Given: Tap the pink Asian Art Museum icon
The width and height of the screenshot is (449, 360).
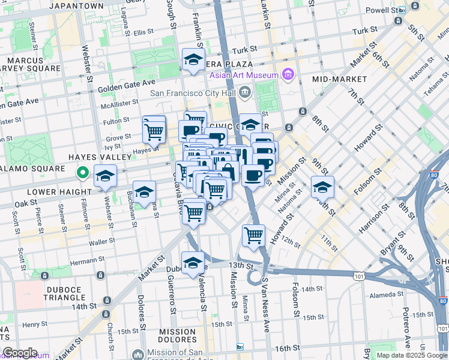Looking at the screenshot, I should point(288,75).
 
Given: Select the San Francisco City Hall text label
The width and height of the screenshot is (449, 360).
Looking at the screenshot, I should point(193,92).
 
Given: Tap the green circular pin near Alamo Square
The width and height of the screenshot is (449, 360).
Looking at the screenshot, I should point(83,174).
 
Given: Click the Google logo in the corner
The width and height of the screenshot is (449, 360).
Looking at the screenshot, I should point(19,353).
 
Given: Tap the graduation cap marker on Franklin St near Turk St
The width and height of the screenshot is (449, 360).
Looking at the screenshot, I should point(193,60).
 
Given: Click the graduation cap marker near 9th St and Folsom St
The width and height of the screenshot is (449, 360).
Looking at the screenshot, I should point(322,188).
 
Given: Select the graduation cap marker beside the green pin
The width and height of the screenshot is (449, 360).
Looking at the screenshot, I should point(105,176).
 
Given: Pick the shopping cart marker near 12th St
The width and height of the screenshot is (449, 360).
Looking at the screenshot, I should point(253,235).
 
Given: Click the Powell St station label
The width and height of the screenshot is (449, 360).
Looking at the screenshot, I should point(382,10).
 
